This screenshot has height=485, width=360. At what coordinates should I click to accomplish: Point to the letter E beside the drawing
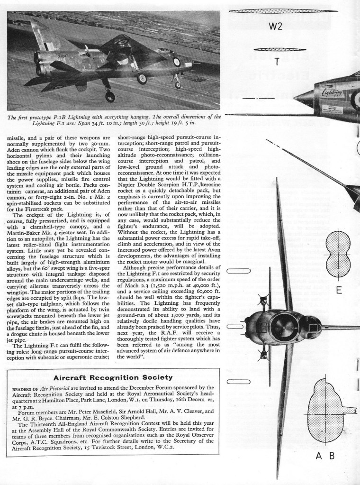[339, 290]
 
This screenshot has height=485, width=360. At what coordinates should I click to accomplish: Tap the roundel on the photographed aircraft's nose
[176, 62]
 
